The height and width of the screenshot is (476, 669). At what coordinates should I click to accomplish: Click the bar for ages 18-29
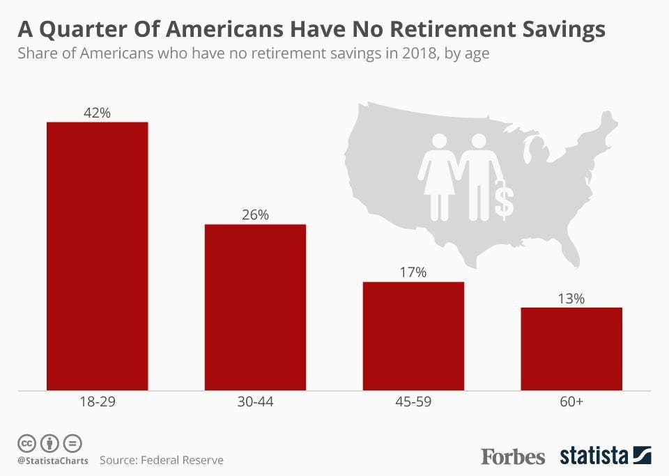(x=97, y=256)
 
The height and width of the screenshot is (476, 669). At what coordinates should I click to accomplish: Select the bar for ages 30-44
(x=255, y=307)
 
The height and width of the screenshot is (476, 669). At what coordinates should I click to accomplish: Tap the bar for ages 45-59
(x=413, y=336)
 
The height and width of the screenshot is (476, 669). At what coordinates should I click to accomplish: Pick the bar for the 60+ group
(x=571, y=349)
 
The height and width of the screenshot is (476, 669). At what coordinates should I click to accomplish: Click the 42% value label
(x=97, y=113)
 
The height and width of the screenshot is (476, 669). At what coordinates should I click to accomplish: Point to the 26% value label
(x=255, y=215)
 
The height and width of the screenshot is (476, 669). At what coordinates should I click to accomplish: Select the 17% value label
(x=413, y=272)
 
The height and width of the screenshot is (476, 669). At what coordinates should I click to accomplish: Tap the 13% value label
(x=571, y=299)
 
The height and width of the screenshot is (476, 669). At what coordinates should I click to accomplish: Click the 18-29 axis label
(x=97, y=403)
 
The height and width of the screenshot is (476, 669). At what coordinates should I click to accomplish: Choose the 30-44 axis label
(x=255, y=403)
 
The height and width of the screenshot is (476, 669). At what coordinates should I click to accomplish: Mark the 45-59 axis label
(x=413, y=403)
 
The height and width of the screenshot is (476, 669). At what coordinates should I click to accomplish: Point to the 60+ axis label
(x=571, y=403)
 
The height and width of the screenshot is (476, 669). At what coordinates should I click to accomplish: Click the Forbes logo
(x=513, y=457)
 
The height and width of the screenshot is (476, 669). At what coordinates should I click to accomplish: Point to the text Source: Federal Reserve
(x=162, y=460)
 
